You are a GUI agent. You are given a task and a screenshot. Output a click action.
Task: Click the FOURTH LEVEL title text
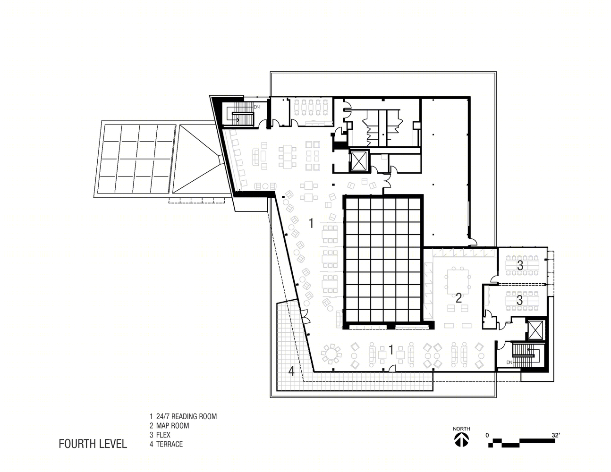click(93, 444)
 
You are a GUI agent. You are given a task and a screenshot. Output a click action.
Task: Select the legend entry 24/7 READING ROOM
click(187, 416)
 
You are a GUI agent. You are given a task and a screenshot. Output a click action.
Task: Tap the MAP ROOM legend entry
click(173, 426)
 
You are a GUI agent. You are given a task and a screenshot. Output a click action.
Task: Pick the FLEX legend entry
click(163, 435)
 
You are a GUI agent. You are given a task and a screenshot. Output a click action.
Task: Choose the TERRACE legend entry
click(170, 444)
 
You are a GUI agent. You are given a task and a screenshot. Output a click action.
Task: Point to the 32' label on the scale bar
click(556, 435)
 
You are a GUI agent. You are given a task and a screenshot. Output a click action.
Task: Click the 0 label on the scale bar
click(487, 436)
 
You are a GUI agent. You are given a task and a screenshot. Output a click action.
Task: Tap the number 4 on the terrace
click(291, 371)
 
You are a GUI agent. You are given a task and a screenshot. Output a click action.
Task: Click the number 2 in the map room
click(458, 298)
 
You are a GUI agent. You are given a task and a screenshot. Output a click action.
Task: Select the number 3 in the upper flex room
click(520, 265)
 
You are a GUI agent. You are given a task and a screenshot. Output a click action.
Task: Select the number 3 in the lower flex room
click(519, 300)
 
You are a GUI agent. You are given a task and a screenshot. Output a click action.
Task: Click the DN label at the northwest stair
click(257, 107)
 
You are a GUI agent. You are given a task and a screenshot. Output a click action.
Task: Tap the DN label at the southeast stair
click(509, 362)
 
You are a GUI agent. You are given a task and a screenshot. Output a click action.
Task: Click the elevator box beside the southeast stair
click(535, 330)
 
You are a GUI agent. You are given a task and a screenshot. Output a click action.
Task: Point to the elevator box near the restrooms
click(359, 160)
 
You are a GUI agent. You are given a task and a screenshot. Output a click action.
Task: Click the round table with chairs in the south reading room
click(331, 354)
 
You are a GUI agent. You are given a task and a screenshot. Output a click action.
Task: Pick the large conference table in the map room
click(458, 279)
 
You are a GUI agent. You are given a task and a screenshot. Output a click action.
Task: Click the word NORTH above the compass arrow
click(461, 429)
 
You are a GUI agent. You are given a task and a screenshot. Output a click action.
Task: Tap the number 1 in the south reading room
click(391, 350)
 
